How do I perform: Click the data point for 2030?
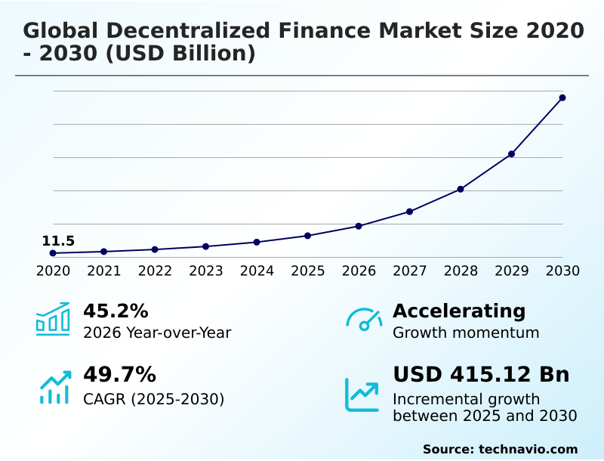562,97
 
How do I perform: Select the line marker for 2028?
461,189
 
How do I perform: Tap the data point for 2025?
308,236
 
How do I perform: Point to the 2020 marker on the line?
53,253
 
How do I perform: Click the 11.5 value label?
58,241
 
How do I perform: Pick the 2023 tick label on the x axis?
206,271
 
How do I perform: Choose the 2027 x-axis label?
410,271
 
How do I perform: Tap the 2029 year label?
512,271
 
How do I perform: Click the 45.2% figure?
116,311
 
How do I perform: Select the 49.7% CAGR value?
119,375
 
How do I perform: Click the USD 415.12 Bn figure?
481,375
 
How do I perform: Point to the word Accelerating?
459,311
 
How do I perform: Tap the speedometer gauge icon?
364,320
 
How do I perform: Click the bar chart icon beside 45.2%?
53,320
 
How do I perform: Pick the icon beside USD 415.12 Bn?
362,394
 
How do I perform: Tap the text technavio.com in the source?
528,449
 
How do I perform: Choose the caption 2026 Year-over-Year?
157,333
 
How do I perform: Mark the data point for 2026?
359,226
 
